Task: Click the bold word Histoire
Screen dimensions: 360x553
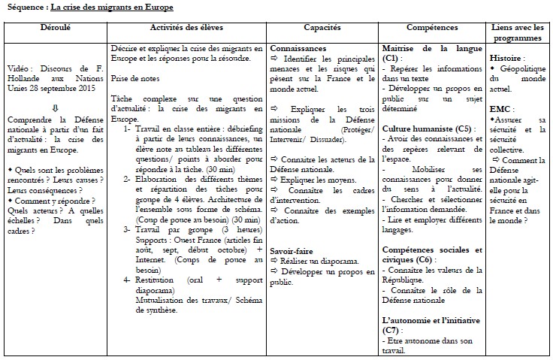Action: [x=507, y=57]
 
